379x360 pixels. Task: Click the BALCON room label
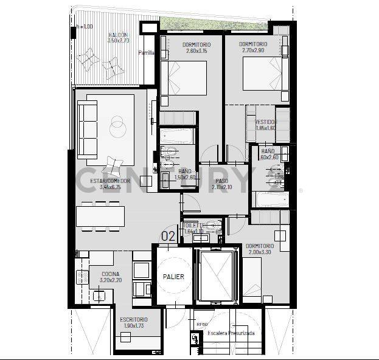point(117,35)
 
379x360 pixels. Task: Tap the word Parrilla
point(146,53)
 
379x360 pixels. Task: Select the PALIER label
point(173,277)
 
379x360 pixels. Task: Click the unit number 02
point(168,236)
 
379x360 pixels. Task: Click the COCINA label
point(110,274)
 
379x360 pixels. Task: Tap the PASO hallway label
point(221,181)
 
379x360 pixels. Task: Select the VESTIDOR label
point(265,122)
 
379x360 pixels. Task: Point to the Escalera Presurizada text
point(231,334)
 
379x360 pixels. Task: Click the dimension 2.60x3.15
point(196,51)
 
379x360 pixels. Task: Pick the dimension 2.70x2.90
point(252,51)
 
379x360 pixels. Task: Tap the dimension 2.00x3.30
point(260,252)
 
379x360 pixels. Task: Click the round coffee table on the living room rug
point(117,126)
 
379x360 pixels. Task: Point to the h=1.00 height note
point(85,27)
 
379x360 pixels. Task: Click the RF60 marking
point(203,325)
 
